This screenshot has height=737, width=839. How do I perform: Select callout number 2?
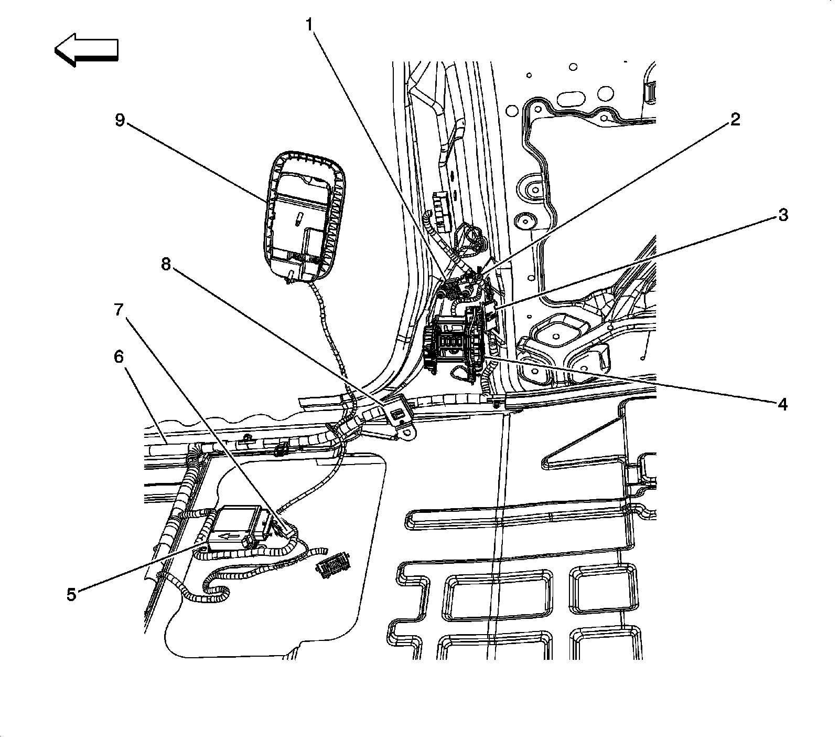735,120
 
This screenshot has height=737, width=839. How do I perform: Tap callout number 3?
782,215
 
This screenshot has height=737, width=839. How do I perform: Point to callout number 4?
782,404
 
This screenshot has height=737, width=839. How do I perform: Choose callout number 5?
71,594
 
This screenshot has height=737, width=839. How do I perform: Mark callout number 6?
119,357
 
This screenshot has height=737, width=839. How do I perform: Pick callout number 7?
119,310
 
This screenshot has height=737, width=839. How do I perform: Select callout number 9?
120,120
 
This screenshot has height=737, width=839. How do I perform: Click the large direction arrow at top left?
87,50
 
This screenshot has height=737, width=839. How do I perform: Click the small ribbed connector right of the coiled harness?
334,564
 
